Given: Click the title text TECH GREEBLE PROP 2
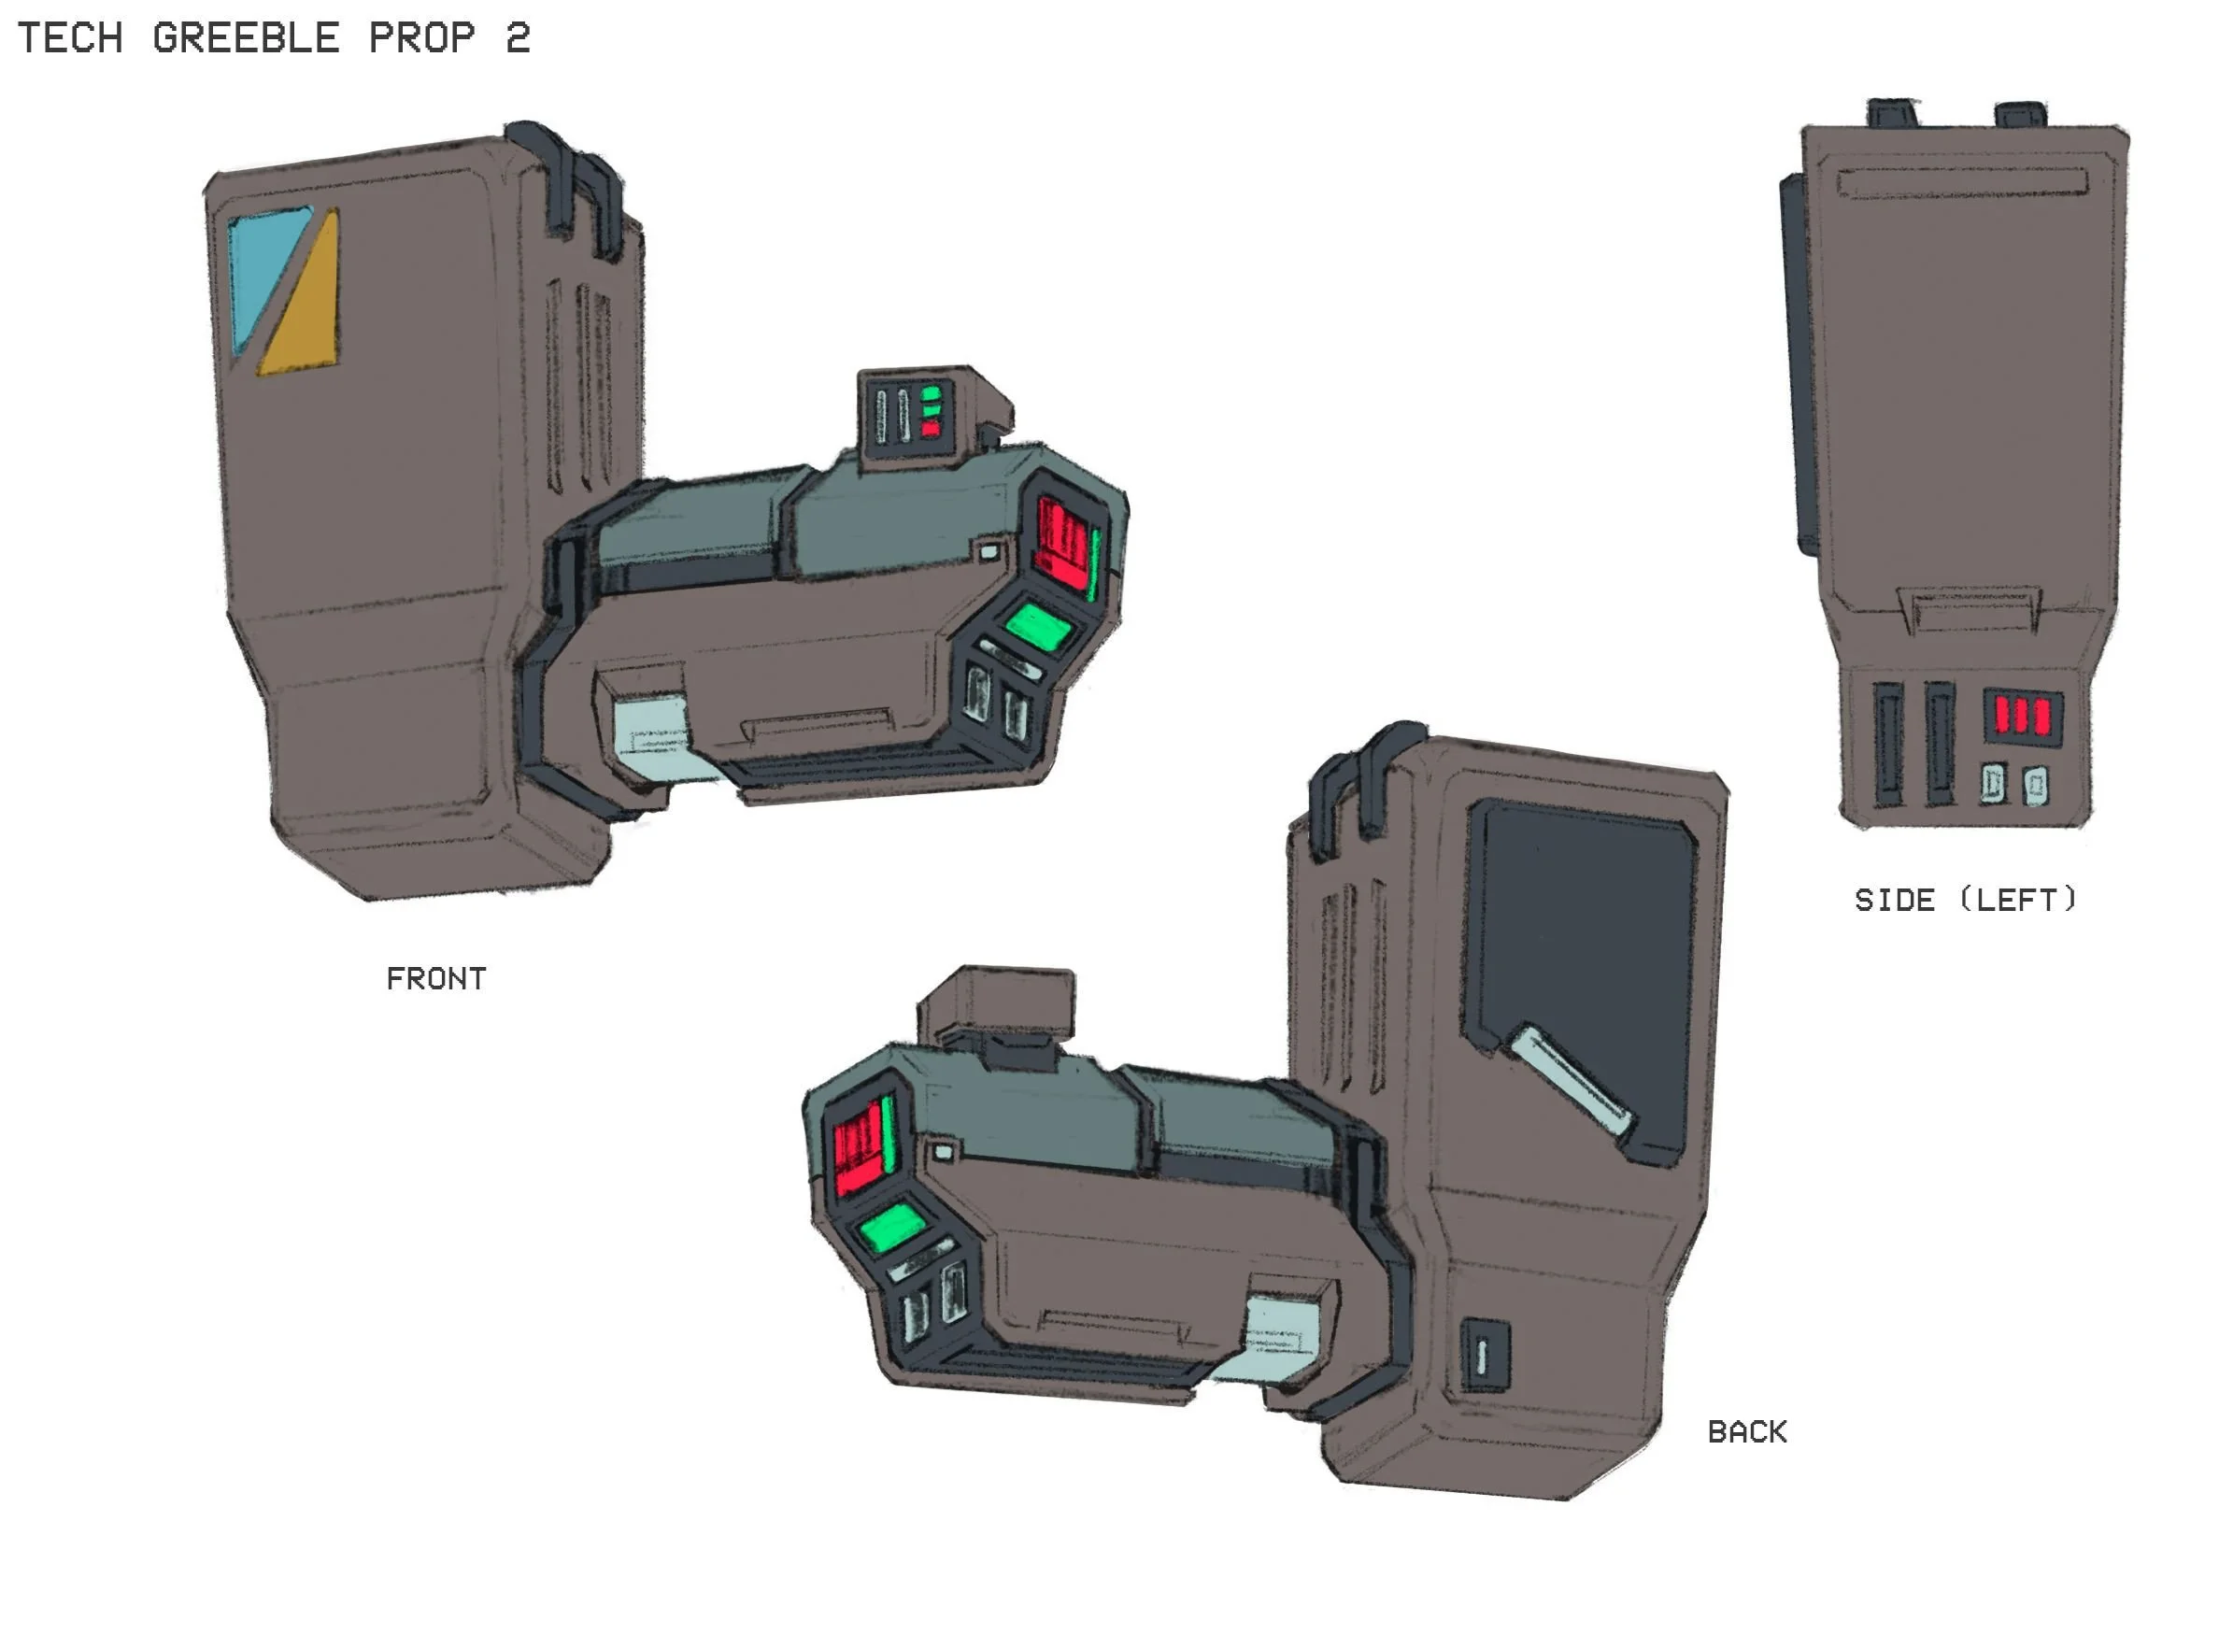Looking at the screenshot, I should pos(274,38).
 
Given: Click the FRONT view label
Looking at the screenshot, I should pos(436,979).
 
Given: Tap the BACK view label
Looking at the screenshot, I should pos(1747,1432).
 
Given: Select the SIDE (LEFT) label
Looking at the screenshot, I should pos(1966,901).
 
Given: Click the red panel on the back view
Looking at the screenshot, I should pos(859,1148).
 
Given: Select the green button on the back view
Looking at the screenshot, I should pos(891,1227).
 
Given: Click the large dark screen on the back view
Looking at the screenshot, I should pos(1587,959).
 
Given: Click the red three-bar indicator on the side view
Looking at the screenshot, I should pos(2021,716).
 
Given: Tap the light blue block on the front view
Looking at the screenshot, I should pos(654,739).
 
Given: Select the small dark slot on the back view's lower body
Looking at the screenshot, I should pos(1485,1356).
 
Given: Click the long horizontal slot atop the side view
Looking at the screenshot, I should pos(1961,184).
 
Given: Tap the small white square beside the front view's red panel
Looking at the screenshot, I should pos(989,551).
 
